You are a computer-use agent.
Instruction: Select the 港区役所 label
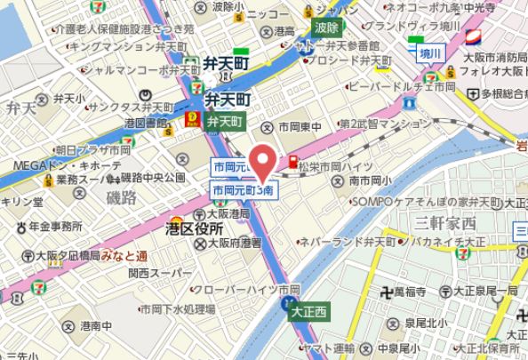point(194,230)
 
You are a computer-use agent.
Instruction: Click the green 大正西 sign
point(308,311)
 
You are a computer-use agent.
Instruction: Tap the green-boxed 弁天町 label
point(224,120)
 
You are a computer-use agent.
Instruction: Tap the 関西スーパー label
point(152,271)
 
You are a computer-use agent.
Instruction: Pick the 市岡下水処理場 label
point(177,309)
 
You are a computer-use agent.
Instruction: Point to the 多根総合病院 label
point(504,93)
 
